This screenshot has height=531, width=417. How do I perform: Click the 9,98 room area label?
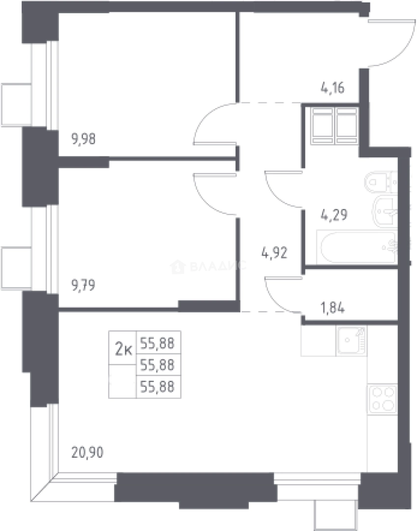pyautogui.click(x=83, y=139)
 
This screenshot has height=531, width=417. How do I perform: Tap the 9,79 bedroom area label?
pyautogui.click(x=83, y=286)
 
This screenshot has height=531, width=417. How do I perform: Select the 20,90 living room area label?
pyautogui.click(x=88, y=452)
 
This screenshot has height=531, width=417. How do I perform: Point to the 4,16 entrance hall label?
pyautogui.click(x=332, y=88)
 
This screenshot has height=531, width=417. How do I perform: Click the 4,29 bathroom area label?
pyautogui.click(x=334, y=215)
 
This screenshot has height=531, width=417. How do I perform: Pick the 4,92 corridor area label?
pyautogui.click(x=274, y=253)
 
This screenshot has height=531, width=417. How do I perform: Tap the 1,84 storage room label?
pyautogui.click(x=332, y=308)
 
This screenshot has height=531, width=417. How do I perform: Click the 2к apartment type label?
pyautogui.click(x=123, y=349)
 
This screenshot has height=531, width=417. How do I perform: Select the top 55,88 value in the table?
pyautogui.click(x=157, y=344)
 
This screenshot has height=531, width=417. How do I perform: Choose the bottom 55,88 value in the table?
pyautogui.click(x=157, y=386)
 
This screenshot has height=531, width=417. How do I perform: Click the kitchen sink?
pyautogui.click(x=351, y=341)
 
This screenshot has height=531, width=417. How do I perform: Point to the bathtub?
pyautogui.click(x=357, y=247)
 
